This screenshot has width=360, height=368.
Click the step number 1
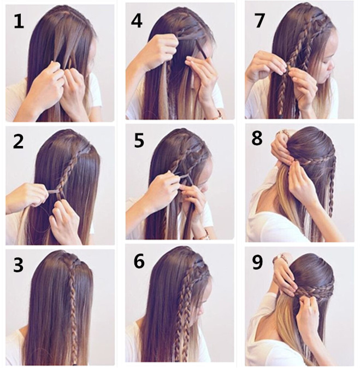pyautogui.click(x=19, y=21)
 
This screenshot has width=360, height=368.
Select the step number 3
pyautogui.click(x=19, y=265)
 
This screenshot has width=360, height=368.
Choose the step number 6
pyautogui.click(x=139, y=262)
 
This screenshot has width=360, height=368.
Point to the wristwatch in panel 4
pyautogui.click(x=220, y=115)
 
